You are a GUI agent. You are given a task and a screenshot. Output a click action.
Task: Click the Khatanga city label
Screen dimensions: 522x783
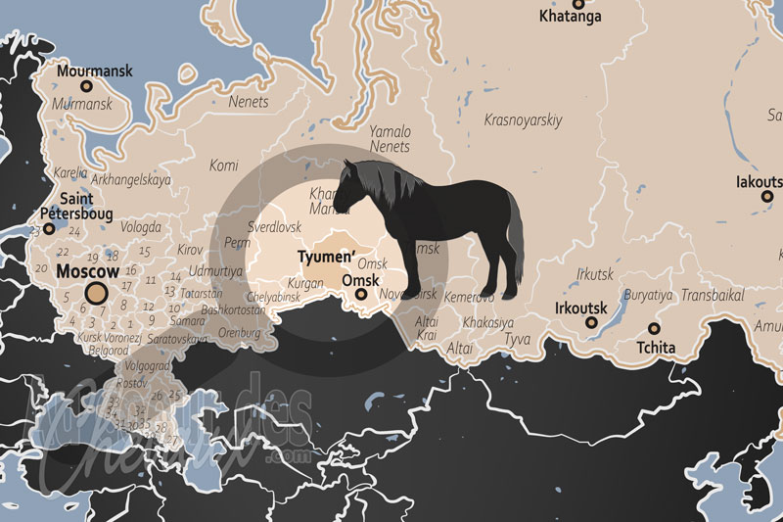[x=571, y=17]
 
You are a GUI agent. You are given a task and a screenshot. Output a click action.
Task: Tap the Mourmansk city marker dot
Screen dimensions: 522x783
[x=85, y=86]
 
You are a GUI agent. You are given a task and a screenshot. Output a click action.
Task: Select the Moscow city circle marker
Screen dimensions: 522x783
[x=96, y=292]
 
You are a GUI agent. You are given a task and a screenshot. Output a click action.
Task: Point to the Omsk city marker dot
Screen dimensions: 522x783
[x=361, y=294]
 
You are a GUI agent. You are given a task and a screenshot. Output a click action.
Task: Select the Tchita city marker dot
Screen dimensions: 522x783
[x=654, y=329]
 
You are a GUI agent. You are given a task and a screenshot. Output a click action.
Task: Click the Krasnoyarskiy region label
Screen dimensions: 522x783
[x=524, y=119]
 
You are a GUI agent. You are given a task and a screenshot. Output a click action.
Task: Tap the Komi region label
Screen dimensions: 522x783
[x=224, y=165]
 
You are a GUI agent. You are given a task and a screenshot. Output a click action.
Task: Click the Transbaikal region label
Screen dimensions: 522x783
[x=713, y=294]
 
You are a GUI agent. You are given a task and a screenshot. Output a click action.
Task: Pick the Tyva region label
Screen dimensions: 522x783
[x=516, y=340]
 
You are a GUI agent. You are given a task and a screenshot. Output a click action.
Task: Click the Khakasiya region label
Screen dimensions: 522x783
[x=487, y=322]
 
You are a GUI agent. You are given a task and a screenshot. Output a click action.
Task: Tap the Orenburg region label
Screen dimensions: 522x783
[x=238, y=333]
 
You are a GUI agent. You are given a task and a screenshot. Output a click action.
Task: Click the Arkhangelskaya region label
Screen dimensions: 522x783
[x=130, y=180]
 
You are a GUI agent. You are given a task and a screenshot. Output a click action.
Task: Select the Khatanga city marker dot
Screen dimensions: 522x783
[x=578, y=4]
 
